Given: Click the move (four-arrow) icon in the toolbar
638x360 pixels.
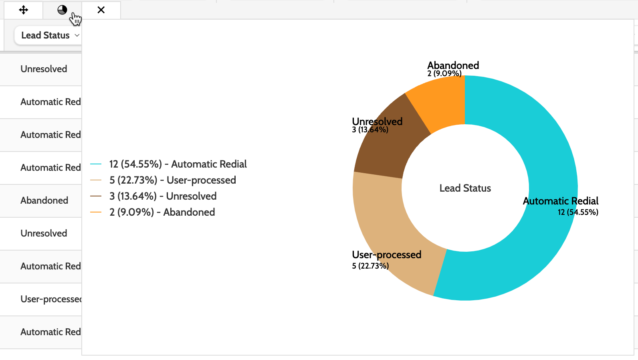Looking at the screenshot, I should (x=24, y=10).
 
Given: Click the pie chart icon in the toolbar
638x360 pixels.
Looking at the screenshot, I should (x=62, y=10).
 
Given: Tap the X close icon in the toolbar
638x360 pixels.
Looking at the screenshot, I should (x=101, y=10).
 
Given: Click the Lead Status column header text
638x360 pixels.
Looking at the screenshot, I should (x=45, y=35).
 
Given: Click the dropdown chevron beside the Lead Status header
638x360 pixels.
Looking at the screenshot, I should (x=77, y=35).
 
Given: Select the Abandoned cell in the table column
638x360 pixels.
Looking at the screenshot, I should (x=44, y=200).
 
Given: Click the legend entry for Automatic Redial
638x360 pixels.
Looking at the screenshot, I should (x=178, y=164).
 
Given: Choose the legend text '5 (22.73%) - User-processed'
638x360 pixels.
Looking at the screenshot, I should (x=172, y=180).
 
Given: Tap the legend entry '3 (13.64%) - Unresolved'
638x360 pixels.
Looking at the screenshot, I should (x=163, y=196).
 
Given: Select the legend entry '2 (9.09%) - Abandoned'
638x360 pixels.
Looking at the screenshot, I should (x=162, y=212).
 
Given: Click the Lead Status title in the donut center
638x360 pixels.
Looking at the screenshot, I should (x=465, y=188).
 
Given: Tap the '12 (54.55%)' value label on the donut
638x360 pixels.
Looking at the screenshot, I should (x=578, y=212).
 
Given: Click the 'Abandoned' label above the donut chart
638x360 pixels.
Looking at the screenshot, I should (x=453, y=65).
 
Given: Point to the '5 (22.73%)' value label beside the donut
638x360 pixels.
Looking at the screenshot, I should (x=370, y=266).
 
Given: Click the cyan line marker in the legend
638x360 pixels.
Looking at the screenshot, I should (x=96, y=164).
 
